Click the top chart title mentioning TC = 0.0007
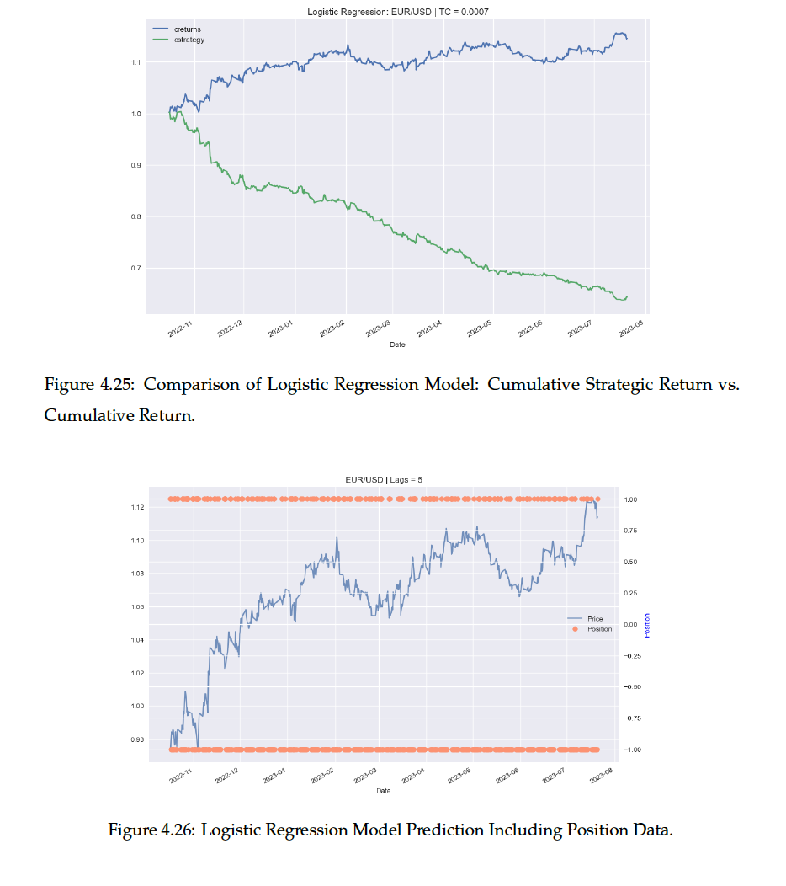398,12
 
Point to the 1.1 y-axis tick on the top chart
137,62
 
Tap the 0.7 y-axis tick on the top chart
137,268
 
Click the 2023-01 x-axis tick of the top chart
280,328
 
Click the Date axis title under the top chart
398,344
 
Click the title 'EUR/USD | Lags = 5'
384,479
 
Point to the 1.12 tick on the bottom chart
136,507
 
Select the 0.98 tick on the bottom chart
136,739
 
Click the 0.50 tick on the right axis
631,562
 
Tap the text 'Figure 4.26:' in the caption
155,830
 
